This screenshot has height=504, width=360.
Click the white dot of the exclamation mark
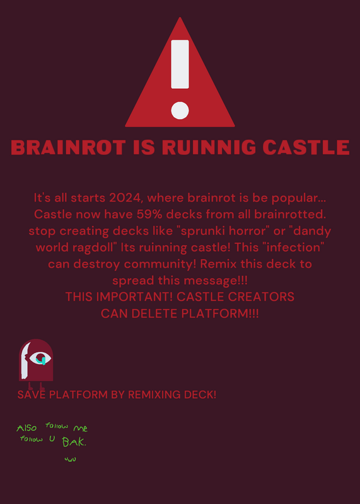(x=180, y=111)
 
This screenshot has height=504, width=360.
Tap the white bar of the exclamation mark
(x=180, y=64)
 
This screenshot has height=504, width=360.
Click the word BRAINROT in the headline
(x=68, y=147)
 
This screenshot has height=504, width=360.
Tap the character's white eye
(x=40, y=358)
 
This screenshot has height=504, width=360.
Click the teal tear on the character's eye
(x=41, y=360)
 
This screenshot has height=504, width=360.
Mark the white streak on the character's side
(x=25, y=360)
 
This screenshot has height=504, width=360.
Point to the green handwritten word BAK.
(x=74, y=442)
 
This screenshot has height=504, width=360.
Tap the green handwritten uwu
(x=70, y=459)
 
